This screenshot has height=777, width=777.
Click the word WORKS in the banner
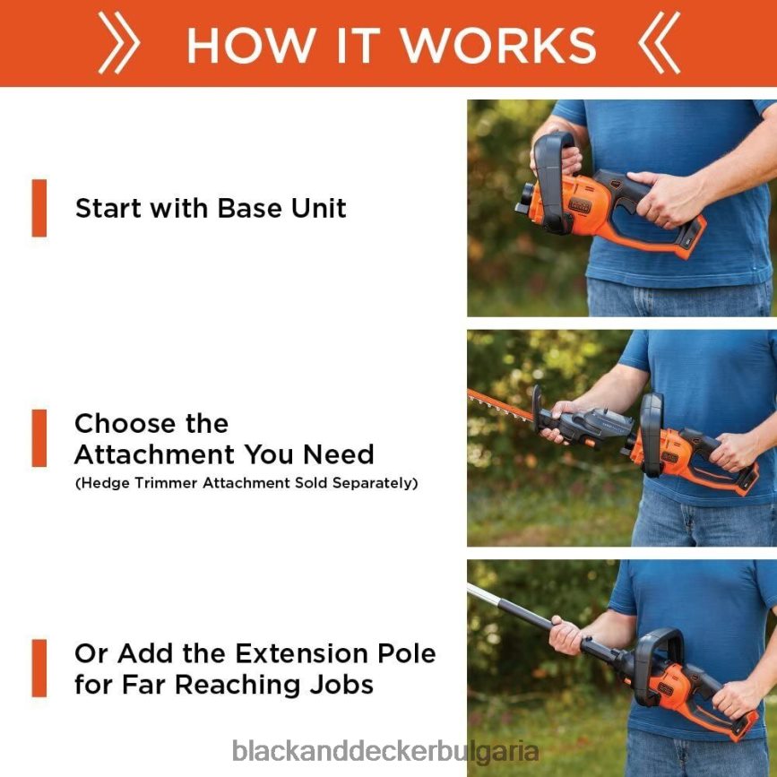coord(498,45)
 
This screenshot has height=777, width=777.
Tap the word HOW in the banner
coord(252,45)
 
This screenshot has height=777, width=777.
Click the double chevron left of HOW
coord(119,43)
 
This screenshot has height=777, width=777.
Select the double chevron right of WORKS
coord(659,43)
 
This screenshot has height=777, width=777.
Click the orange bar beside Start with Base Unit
coord(39,208)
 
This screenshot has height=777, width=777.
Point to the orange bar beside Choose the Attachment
coord(39,438)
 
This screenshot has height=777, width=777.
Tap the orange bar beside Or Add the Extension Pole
coord(39,668)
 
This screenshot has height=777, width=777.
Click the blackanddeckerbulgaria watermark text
coord(385,751)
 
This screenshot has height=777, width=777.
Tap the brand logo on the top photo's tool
coord(579,205)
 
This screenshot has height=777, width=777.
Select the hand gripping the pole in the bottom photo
coord(565,635)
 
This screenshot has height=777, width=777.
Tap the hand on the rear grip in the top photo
coord(669,198)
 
